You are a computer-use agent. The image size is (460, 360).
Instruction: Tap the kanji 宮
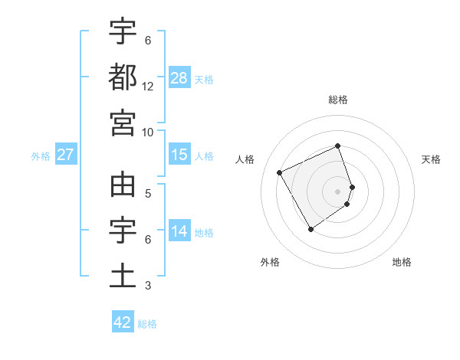point(123,122)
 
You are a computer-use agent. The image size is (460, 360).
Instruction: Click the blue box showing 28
point(179,79)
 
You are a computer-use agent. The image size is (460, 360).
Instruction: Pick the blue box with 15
point(179,155)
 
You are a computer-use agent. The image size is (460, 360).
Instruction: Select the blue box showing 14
point(179,231)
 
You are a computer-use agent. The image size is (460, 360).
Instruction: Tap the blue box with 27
point(65,155)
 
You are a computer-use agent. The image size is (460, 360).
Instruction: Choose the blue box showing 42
point(123,322)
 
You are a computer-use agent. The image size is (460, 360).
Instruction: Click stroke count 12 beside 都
point(148,87)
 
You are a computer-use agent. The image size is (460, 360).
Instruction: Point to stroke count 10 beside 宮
point(148,132)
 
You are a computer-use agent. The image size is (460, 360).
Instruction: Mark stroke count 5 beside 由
point(148,194)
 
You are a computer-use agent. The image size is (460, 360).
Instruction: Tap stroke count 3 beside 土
point(148,286)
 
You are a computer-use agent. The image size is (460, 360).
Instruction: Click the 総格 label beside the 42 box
point(147,324)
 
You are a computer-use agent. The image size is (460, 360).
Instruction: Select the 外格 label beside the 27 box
point(41,156)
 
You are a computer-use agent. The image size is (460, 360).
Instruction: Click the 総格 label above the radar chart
point(338,100)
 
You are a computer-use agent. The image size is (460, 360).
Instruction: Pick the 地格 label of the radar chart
point(402,262)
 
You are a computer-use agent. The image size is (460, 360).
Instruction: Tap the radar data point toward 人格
point(280,172)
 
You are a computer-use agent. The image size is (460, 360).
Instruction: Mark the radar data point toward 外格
point(310,229)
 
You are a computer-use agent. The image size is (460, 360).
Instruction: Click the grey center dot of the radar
point(338,191)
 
